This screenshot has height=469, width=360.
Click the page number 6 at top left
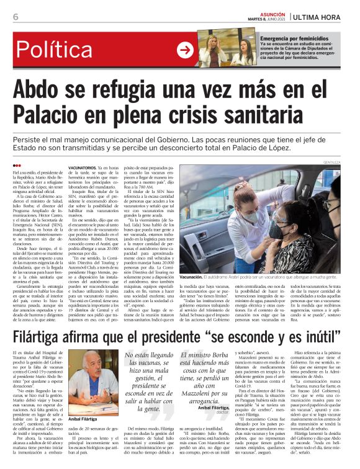click(x=15, y=17)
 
